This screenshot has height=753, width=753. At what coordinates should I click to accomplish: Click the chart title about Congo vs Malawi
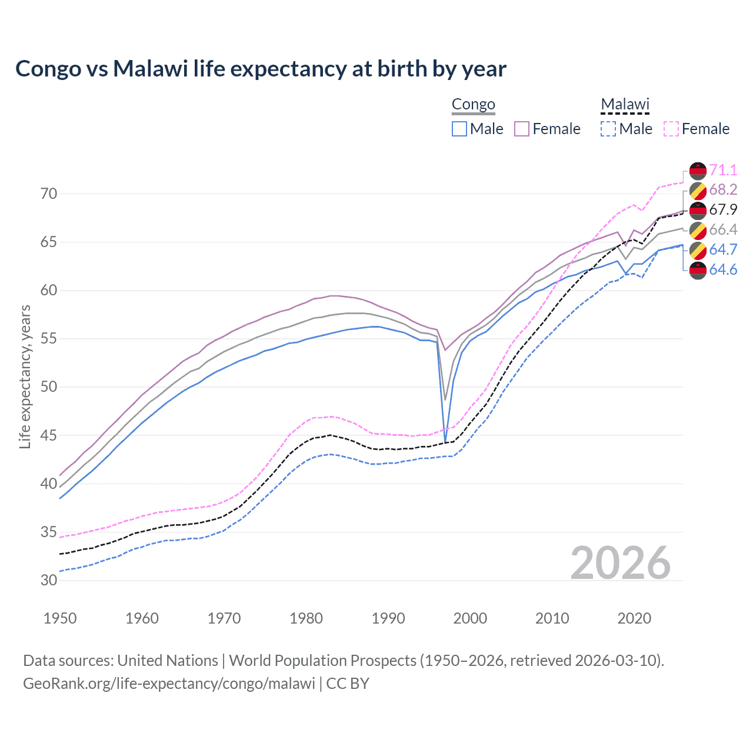coord(261,69)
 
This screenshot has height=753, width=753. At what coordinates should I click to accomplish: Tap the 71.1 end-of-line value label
coord(723,170)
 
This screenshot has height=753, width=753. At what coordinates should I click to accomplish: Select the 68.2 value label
coord(723,189)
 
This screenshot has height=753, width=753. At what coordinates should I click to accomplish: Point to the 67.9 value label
coord(723,209)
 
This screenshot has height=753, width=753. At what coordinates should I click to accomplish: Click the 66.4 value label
coord(723,229)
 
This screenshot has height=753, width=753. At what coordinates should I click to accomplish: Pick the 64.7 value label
coord(723,249)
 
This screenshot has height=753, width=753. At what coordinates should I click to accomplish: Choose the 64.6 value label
coord(723,269)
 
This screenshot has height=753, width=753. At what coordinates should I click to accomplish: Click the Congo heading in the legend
coord(474,104)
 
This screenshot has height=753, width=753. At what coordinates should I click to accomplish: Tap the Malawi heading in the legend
coord(625,104)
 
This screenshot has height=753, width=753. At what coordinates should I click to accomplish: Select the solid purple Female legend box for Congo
coord(522,129)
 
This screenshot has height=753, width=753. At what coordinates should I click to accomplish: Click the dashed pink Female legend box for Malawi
coord(671,129)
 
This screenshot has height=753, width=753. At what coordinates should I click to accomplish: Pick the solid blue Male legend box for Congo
coord(459,129)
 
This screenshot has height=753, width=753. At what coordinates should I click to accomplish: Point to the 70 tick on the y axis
coord(49,194)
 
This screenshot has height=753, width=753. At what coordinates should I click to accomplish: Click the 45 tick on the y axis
coord(49,435)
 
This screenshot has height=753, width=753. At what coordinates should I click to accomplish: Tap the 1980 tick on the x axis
coord(306,618)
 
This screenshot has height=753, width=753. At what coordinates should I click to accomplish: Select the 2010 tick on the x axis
coord(552,618)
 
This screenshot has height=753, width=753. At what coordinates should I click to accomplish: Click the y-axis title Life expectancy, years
coord(25,376)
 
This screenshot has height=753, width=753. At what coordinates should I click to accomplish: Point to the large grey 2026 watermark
coord(620,563)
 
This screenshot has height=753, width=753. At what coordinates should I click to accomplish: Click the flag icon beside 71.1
coord(698,171)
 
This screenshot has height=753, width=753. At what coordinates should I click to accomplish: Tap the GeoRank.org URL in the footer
coord(169,683)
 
